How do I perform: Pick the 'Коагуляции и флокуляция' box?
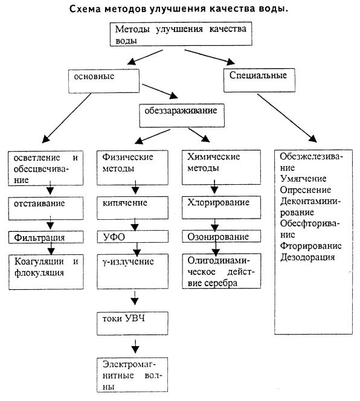(x=47, y=268)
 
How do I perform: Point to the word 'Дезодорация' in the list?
(x=306, y=257)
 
